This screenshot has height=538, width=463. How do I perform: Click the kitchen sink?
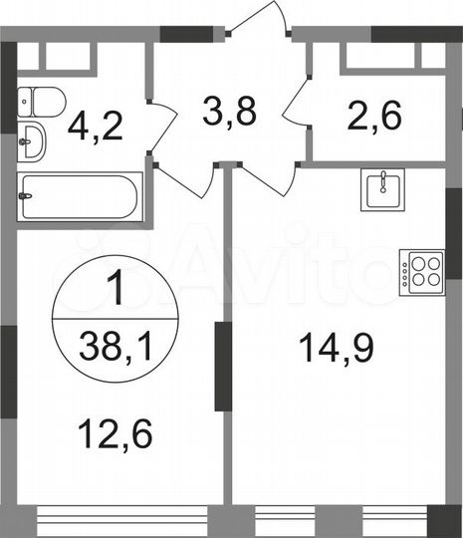(380, 188)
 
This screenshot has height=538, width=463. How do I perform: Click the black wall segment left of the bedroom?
(8, 375)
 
